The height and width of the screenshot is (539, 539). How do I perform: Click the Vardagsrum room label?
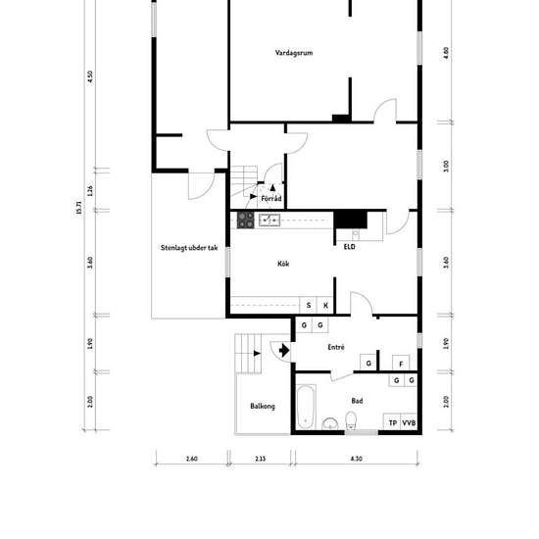click(x=294, y=53)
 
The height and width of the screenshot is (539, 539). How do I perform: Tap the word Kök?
click(x=283, y=264)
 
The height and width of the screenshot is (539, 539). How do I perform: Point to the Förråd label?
click(x=271, y=198)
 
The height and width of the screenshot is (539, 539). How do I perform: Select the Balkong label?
click(x=263, y=407)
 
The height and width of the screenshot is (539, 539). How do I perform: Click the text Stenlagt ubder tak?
click(x=189, y=248)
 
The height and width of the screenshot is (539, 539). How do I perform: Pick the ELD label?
click(x=350, y=247)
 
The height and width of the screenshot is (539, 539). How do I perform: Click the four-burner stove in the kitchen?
click(x=245, y=220)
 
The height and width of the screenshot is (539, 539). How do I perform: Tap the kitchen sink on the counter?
click(x=269, y=220)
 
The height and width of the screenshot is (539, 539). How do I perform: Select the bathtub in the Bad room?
click(x=306, y=408)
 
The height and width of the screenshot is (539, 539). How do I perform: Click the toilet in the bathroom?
click(x=351, y=420)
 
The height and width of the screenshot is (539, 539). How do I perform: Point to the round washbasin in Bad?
click(x=330, y=423)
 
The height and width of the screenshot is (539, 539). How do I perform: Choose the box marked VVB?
click(x=409, y=422)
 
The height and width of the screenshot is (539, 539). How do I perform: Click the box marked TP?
click(x=393, y=422)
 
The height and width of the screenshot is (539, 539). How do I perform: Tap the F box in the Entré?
click(x=401, y=364)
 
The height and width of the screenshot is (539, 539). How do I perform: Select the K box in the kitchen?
click(x=325, y=305)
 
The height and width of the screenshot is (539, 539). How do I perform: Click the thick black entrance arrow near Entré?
click(x=284, y=351)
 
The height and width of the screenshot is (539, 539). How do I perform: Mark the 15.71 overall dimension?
click(x=79, y=208)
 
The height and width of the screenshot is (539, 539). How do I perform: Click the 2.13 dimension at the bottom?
click(x=261, y=459)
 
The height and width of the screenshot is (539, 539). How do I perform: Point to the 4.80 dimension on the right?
click(x=446, y=53)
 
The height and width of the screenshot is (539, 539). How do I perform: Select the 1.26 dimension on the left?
click(x=90, y=191)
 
